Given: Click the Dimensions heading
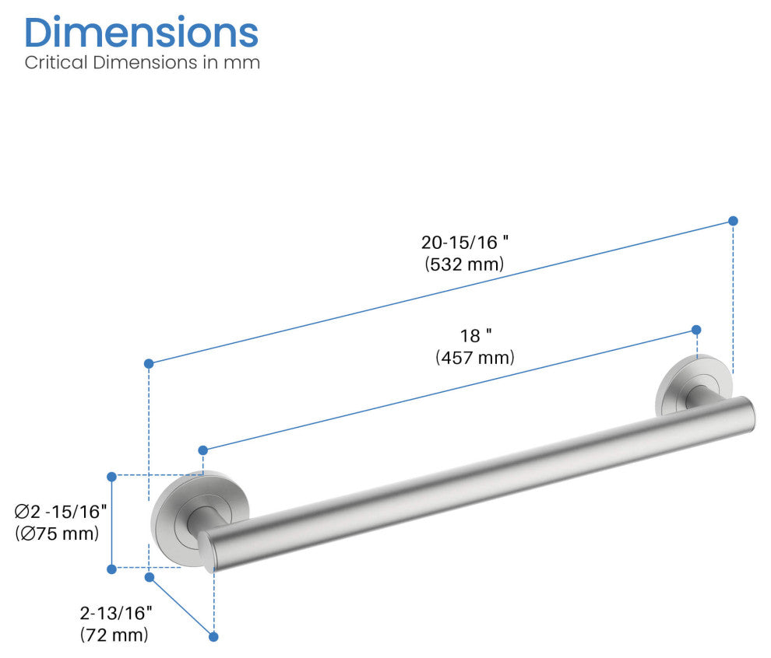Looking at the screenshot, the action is (x=141, y=33).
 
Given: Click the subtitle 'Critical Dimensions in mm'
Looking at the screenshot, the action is (x=142, y=62).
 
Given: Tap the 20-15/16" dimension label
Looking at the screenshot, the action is (x=465, y=242).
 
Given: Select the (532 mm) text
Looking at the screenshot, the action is (x=465, y=264).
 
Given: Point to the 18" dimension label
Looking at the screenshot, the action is (x=476, y=336).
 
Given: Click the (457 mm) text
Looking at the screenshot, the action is (x=475, y=357).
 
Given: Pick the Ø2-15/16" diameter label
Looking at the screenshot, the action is (x=61, y=512).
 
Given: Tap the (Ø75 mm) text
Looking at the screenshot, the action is (x=57, y=533).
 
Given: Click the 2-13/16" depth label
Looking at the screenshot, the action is (x=116, y=613).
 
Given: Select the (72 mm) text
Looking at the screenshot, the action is (x=114, y=635).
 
